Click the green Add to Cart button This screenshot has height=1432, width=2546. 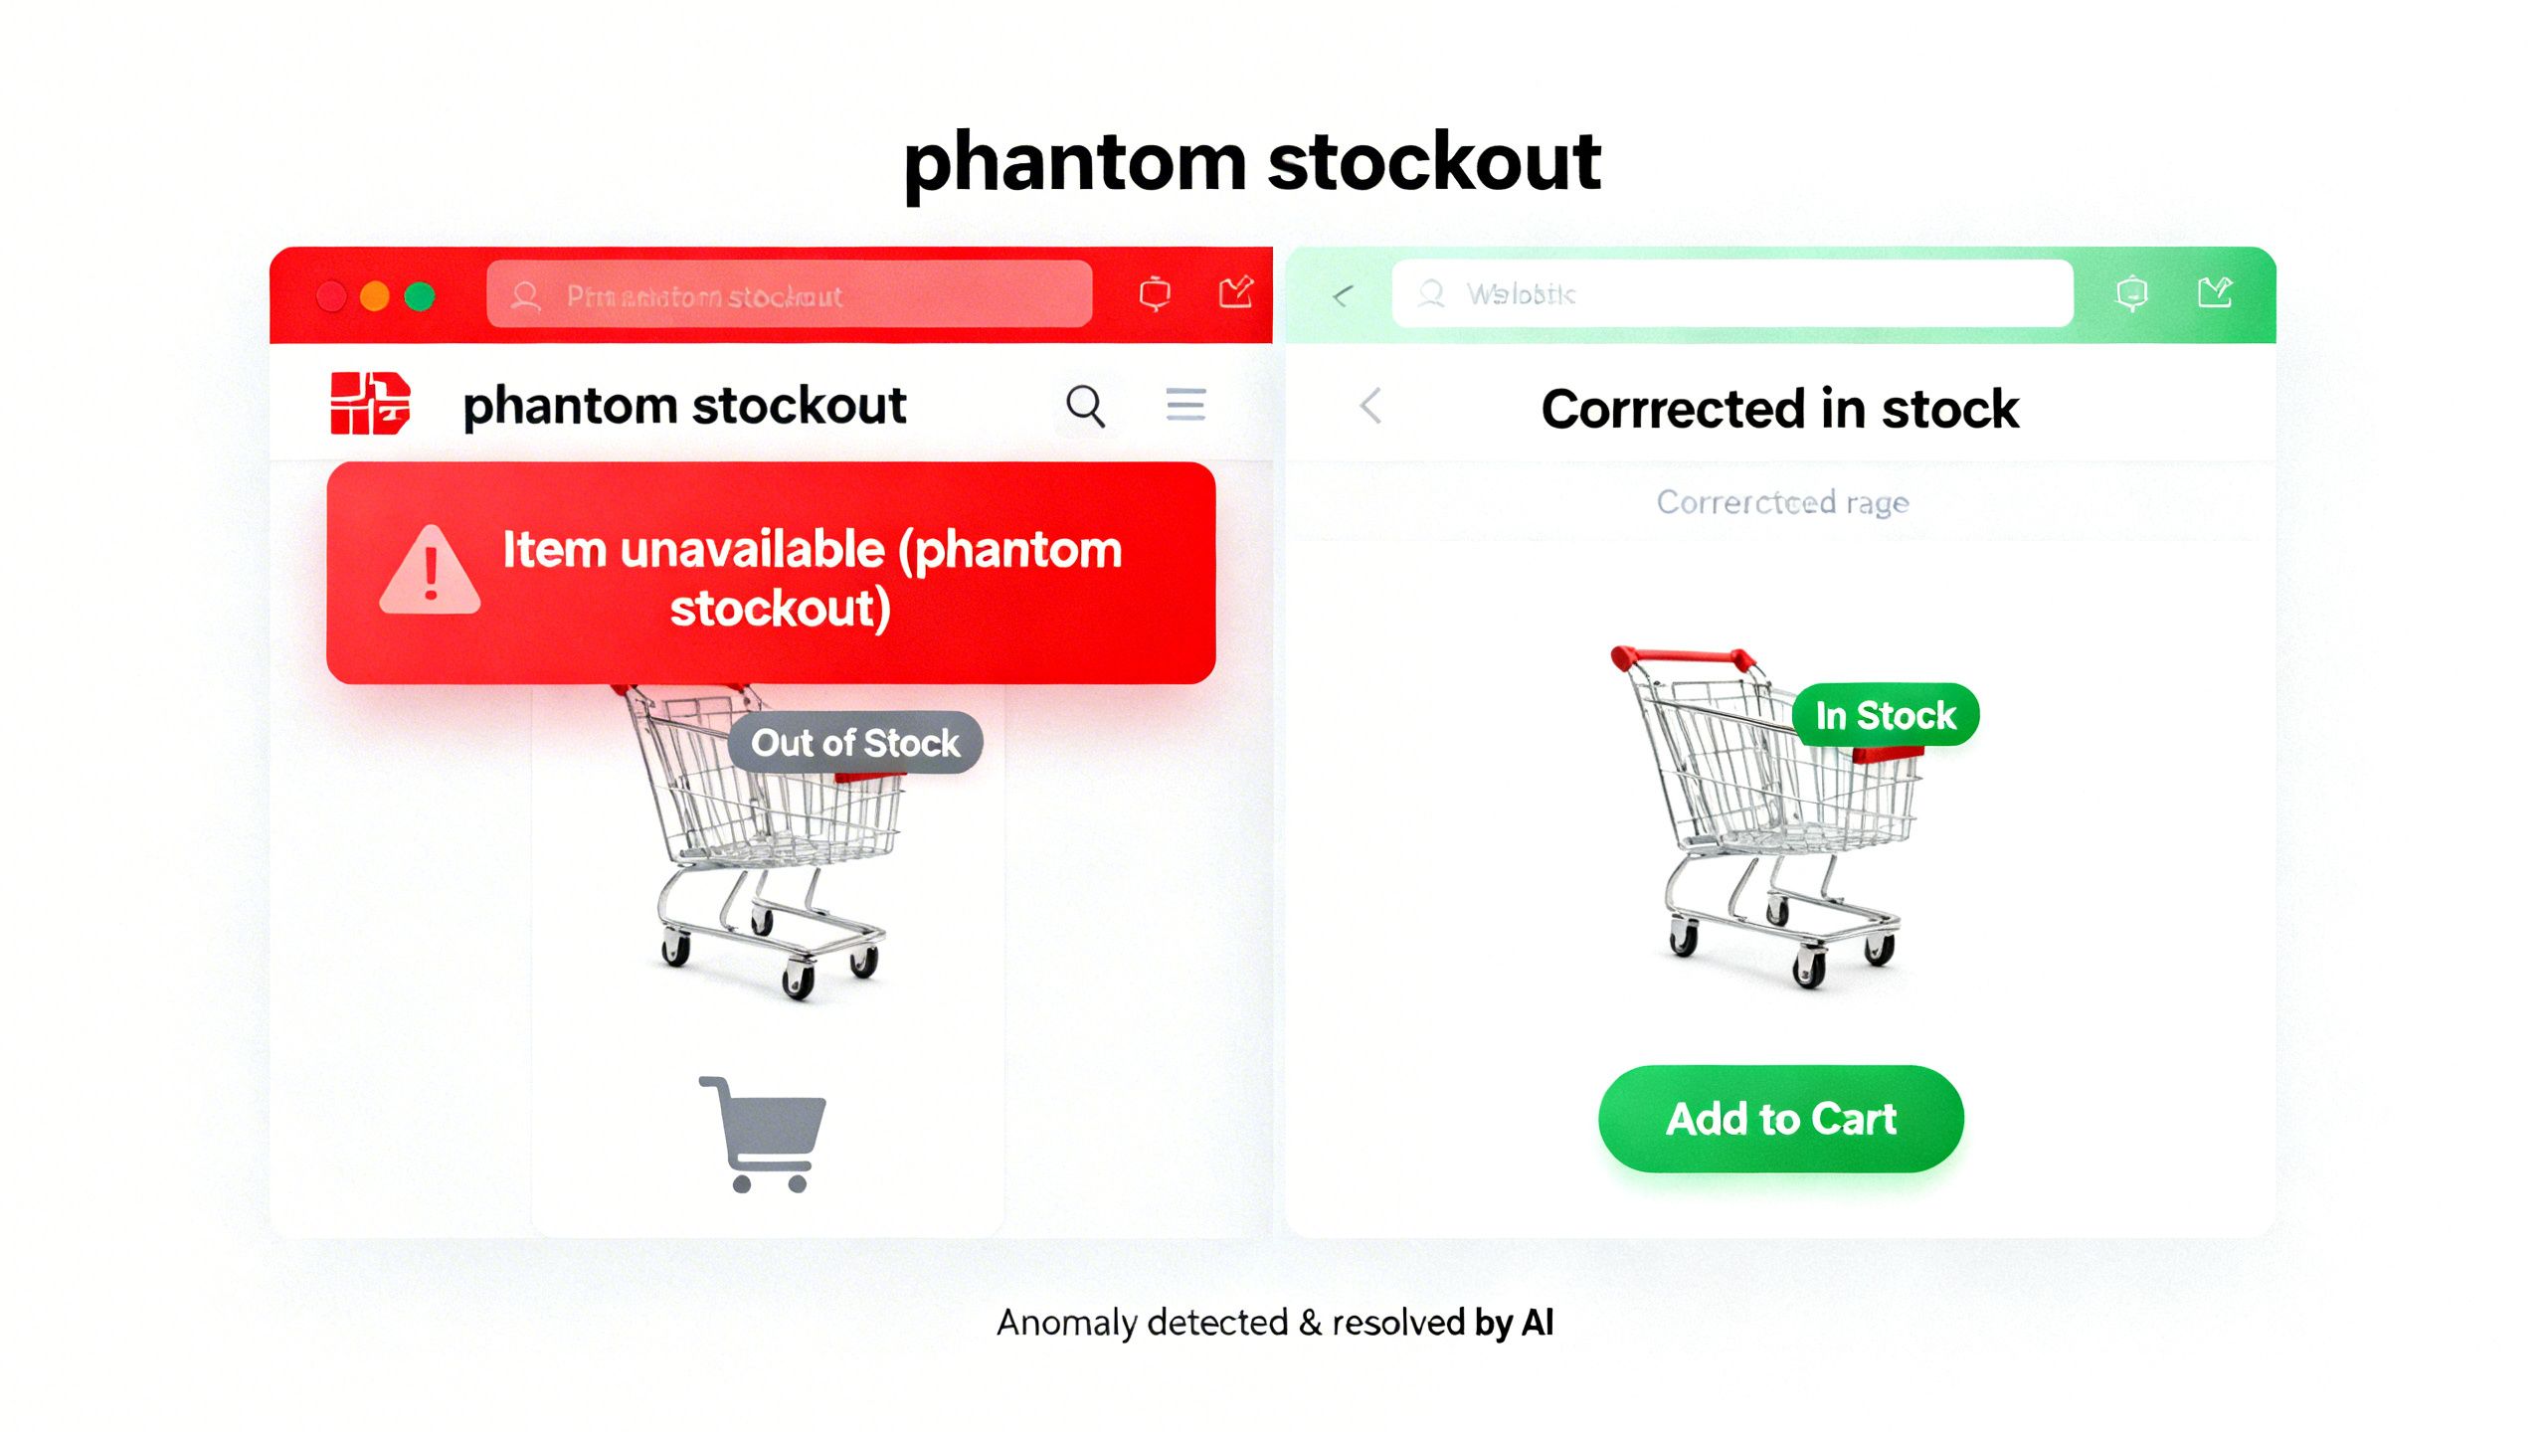pyautogui.click(x=1780, y=1119)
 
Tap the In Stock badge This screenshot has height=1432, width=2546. pyautogui.click(x=1885, y=715)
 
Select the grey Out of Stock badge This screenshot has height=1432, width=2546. pyautogui.click(x=855, y=743)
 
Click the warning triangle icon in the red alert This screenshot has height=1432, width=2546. pyautogui.click(x=430, y=572)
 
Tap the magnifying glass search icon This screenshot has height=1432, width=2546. pyautogui.click(x=1085, y=406)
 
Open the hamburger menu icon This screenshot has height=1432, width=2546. pyautogui.click(x=1185, y=405)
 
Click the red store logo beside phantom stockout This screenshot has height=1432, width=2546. pyautogui.click(x=370, y=403)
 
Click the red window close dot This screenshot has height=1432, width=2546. pyautogui.click(x=331, y=296)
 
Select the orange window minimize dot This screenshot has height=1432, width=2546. pyautogui.click(x=375, y=296)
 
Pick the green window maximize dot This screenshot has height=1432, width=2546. pyautogui.click(x=420, y=296)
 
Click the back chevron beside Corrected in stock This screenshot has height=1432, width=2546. pyautogui.click(x=1371, y=406)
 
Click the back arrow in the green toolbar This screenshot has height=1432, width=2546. pyautogui.click(x=1343, y=295)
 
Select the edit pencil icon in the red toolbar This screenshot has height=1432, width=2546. pyautogui.click(x=1235, y=293)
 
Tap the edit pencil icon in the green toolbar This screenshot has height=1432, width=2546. pyautogui.click(x=2214, y=293)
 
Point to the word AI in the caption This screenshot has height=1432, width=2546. pyautogui.click(x=1538, y=1323)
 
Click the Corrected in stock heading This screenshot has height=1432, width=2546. pyautogui.click(x=1779, y=409)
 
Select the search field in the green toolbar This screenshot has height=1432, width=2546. pyautogui.click(x=1730, y=294)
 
